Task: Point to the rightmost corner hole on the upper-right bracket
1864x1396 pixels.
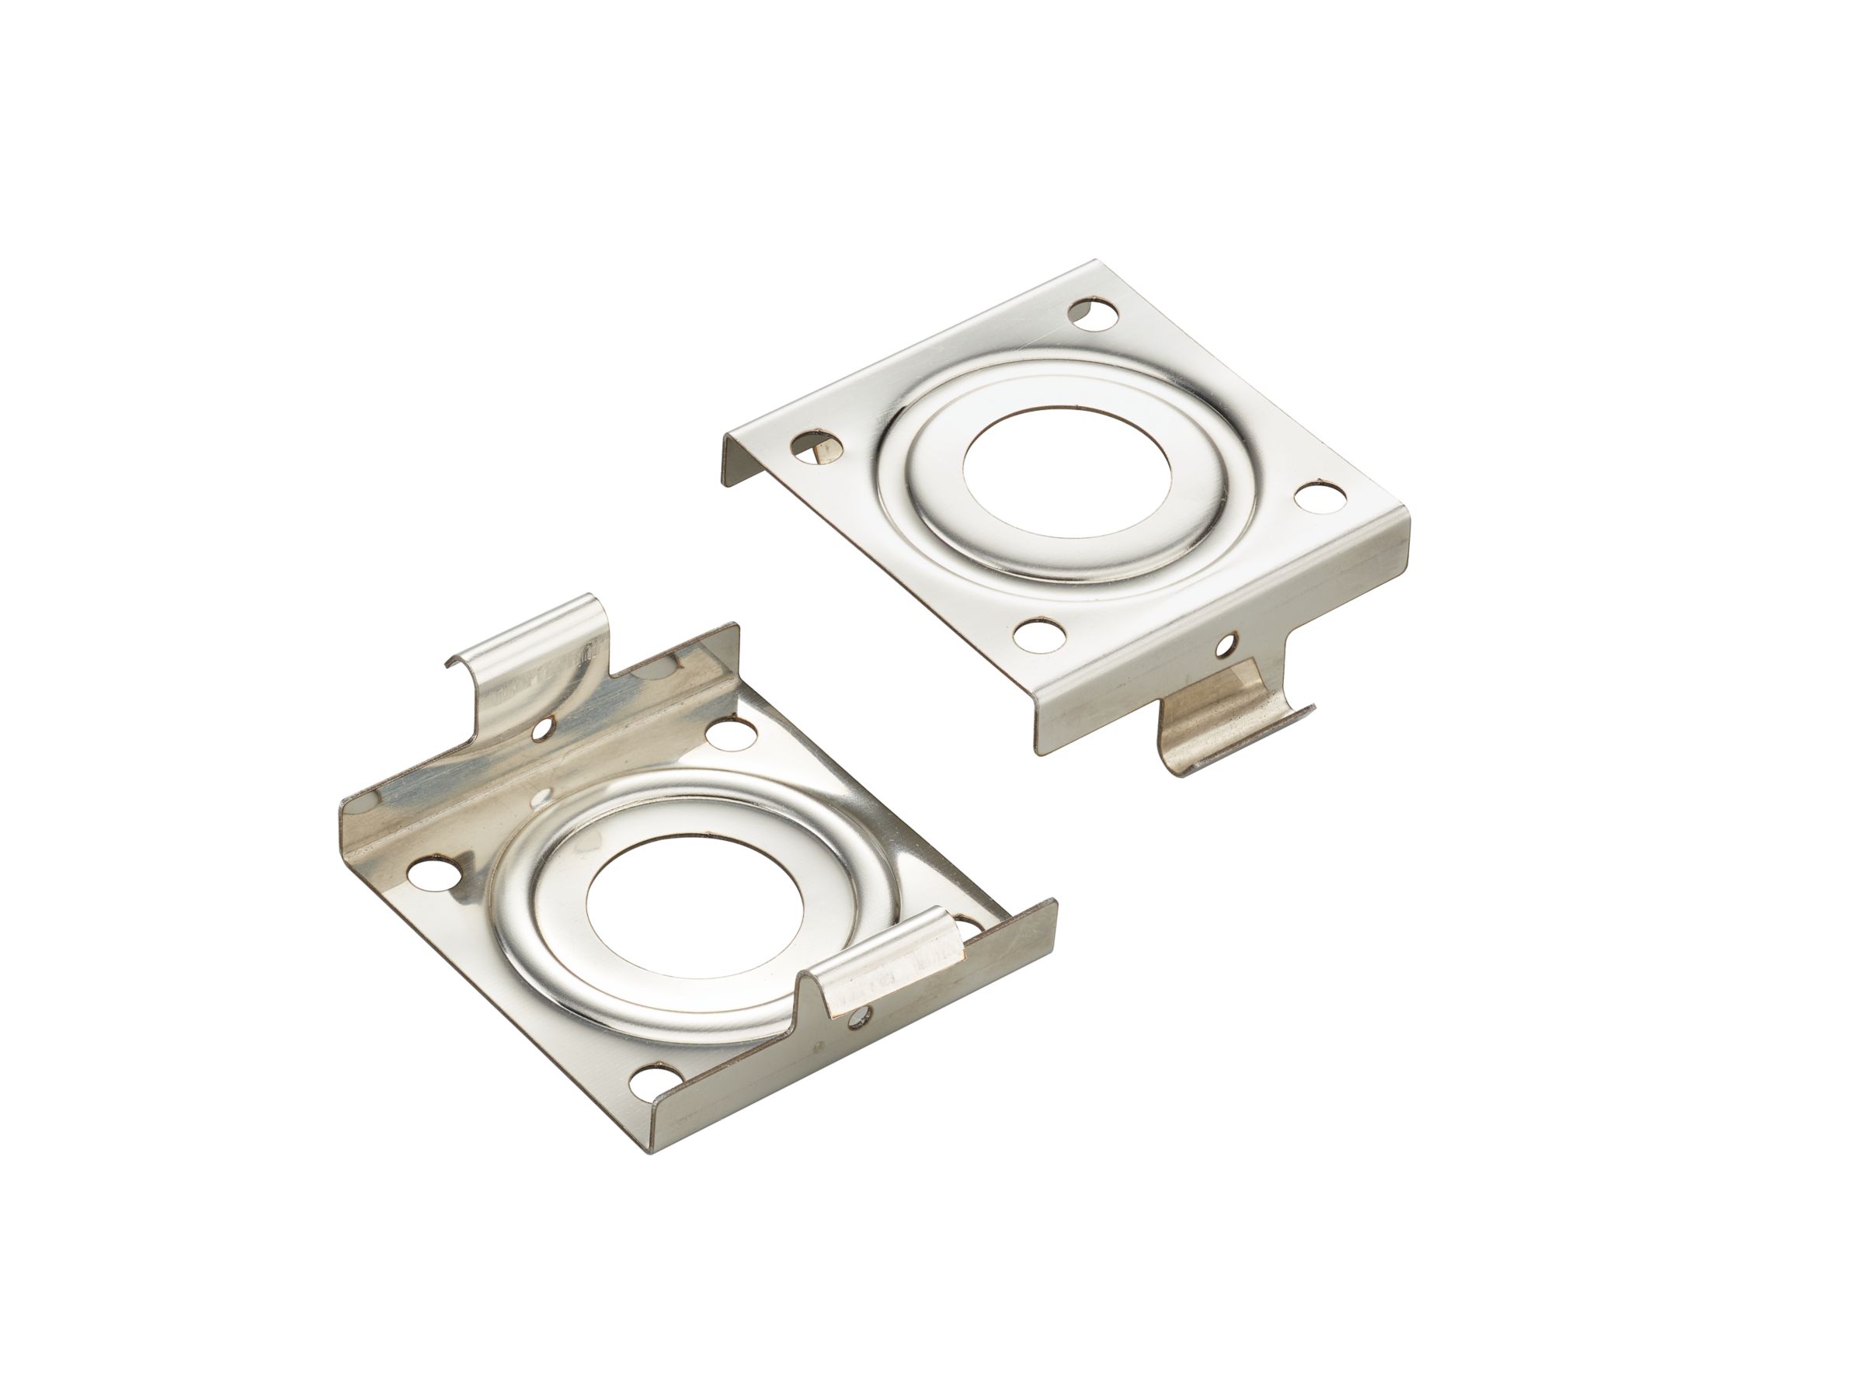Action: (1316, 498)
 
